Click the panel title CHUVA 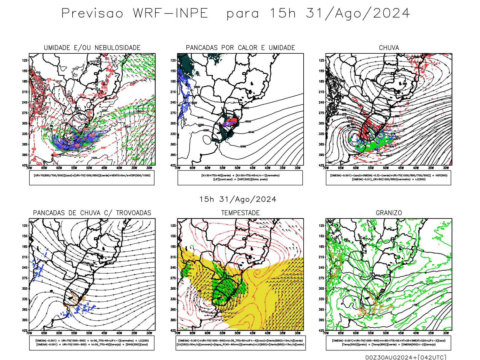pos(389,48)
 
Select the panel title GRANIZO pos(389,213)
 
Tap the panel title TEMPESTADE pos(240,213)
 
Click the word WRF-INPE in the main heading pos(170,13)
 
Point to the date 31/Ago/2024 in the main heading pos(358,13)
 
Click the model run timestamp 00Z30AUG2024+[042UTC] pos(406,357)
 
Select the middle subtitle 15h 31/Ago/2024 pos(238,199)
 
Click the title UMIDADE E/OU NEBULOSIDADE pos(92,48)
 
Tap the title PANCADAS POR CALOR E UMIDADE pos(240,48)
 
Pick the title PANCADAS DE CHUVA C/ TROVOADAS pos(92,213)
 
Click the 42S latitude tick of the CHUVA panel pos(322,165)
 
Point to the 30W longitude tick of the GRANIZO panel pos(446,333)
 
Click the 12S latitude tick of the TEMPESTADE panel pos(173,226)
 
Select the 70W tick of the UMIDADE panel pos(29,168)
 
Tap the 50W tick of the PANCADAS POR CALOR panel pos(238,168)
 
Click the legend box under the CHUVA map pos(388,178)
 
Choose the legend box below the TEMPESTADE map pos(240,343)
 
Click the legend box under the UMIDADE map pos(92,178)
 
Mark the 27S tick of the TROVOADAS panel pos(25,278)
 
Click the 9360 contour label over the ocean pos(243,146)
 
